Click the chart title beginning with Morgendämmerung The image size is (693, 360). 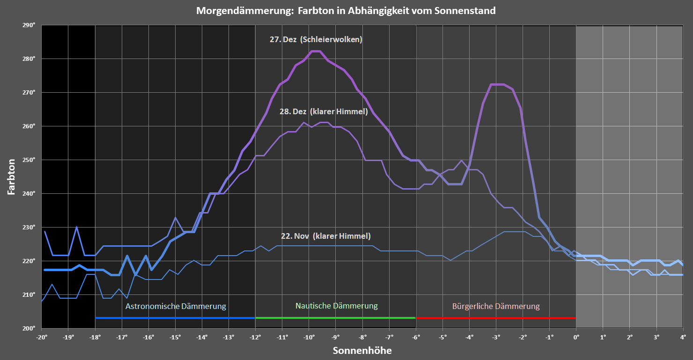point(346,10)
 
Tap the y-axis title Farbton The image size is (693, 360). point(11,176)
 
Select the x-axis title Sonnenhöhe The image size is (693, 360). point(362,350)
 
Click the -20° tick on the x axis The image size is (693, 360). point(42,337)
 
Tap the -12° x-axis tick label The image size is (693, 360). point(255,337)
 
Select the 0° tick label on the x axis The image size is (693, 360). point(576,337)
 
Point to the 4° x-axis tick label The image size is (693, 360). point(683,337)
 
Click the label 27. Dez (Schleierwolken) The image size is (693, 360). point(316,40)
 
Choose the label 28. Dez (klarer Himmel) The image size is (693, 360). point(324,112)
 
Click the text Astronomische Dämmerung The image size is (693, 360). point(176,307)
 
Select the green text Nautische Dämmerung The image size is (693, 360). point(336,306)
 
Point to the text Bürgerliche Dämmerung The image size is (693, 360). point(496,307)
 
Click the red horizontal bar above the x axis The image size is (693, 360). point(496,318)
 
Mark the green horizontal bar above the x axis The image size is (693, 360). point(335,318)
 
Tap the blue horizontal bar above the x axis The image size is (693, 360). point(175,318)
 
